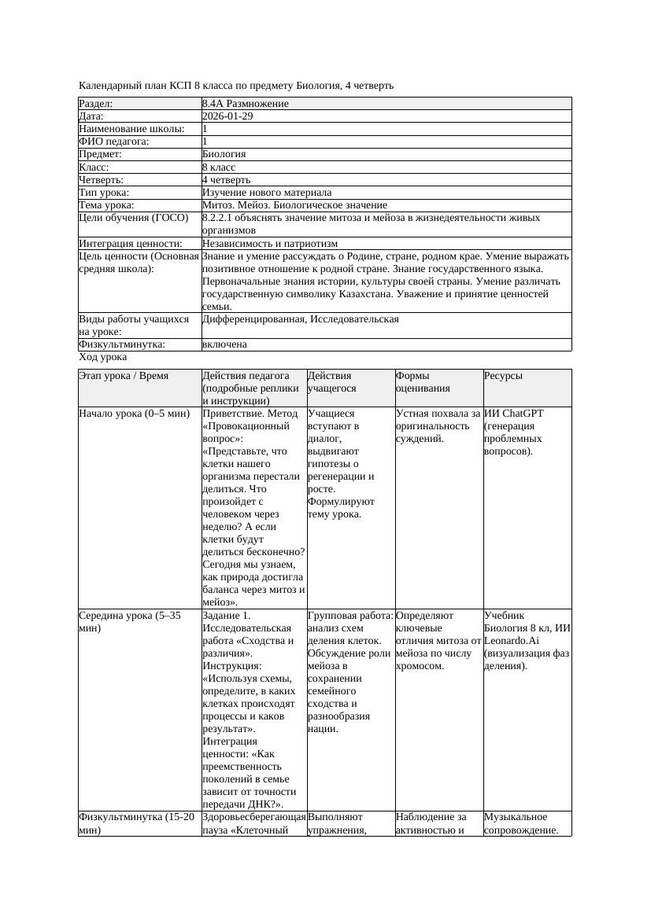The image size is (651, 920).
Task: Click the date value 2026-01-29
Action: (x=227, y=116)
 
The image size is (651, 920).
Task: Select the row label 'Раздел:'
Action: (x=96, y=104)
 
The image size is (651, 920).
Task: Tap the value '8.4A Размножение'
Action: (x=245, y=104)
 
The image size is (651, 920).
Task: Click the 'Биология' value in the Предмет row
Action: (x=224, y=154)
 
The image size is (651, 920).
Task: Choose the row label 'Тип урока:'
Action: (x=104, y=192)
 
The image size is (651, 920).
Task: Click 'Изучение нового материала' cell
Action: (x=266, y=192)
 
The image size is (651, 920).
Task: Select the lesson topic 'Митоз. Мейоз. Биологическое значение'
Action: (x=294, y=204)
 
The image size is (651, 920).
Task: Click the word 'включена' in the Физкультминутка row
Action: (x=224, y=344)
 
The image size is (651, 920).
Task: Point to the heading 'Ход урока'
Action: (x=102, y=357)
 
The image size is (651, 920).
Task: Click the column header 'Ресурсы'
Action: (x=503, y=376)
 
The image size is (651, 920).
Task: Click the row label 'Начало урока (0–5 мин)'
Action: (x=135, y=414)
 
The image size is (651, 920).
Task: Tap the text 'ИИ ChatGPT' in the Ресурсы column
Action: (x=513, y=414)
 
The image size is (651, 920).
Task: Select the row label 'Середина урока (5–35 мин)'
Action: (x=131, y=622)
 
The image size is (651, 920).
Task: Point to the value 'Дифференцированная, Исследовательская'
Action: (x=300, y=319)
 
